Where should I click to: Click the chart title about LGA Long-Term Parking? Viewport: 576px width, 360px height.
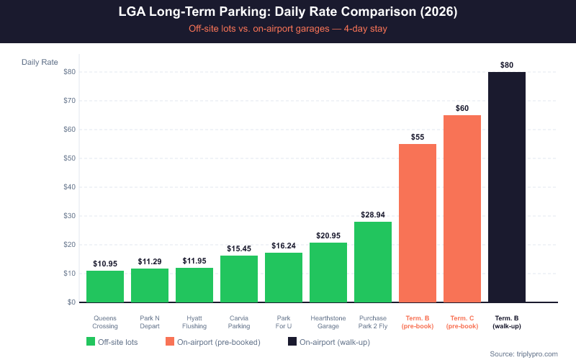click(287, 13)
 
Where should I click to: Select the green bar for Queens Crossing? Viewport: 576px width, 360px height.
click(105, 287)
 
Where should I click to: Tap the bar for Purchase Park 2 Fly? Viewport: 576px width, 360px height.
click(373, 262)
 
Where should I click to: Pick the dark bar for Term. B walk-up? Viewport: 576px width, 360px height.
click(507, 187)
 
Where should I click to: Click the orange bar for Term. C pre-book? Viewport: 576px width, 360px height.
click(462, 209)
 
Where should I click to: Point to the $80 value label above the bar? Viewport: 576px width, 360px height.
click(507, 65)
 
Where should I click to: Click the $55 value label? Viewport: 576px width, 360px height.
click(418, 137)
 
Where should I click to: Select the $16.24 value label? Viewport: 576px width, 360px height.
click(284, 246)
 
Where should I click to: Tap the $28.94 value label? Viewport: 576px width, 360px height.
click(373, 215)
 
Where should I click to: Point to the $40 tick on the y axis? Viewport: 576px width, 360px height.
click(69, 187)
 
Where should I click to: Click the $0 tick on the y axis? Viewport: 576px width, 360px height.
click(71, 302)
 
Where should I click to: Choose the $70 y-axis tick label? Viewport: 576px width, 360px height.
click(69, 101)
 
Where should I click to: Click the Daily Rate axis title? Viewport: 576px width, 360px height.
click(40, 62)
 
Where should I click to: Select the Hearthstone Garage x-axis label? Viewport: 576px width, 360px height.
click(328, 321)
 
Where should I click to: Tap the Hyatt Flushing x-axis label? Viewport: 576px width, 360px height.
click(194, 321)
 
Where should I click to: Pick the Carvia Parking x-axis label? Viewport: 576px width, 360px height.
click(239, 321)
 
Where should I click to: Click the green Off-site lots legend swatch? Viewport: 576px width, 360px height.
click(91, 341)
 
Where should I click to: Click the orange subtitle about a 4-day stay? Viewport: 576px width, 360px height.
click(287, 30)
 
